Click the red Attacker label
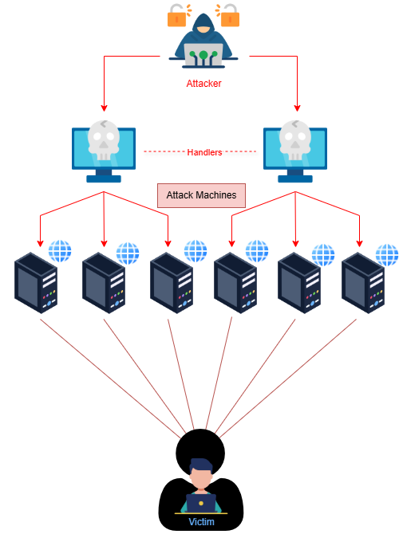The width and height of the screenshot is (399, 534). click(203, 84)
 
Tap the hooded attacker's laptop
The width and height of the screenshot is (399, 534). click(203, 56)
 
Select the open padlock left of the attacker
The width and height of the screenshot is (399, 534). click(178, 15)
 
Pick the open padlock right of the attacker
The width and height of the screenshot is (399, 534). click(228, 15)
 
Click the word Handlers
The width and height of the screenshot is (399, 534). click(204, 152)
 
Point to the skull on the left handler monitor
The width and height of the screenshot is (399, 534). click(104, 140)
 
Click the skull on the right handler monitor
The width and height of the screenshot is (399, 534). click(295, 140)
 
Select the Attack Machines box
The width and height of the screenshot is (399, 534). click(201, 195)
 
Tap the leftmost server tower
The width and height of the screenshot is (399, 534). click(36, 283)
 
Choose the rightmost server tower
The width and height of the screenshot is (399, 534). click(363, 283)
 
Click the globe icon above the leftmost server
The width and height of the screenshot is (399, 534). click(60, 251)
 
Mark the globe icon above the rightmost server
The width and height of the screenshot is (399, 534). click(387, 255)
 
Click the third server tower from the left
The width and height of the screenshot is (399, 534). click(172, 283)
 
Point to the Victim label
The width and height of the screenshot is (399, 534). click(202, 522)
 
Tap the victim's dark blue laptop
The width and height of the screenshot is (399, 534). click(201, 503)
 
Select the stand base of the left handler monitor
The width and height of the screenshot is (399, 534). click(104, 179)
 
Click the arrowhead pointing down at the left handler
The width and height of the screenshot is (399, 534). click(104, 108)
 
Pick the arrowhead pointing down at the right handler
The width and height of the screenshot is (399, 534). click(297, 108)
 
